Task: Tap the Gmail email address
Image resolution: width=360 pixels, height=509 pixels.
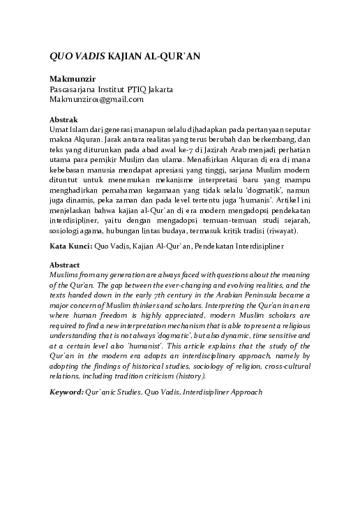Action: (x=96, y=99)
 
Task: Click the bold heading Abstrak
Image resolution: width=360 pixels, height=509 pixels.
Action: (x=65, y=120)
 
